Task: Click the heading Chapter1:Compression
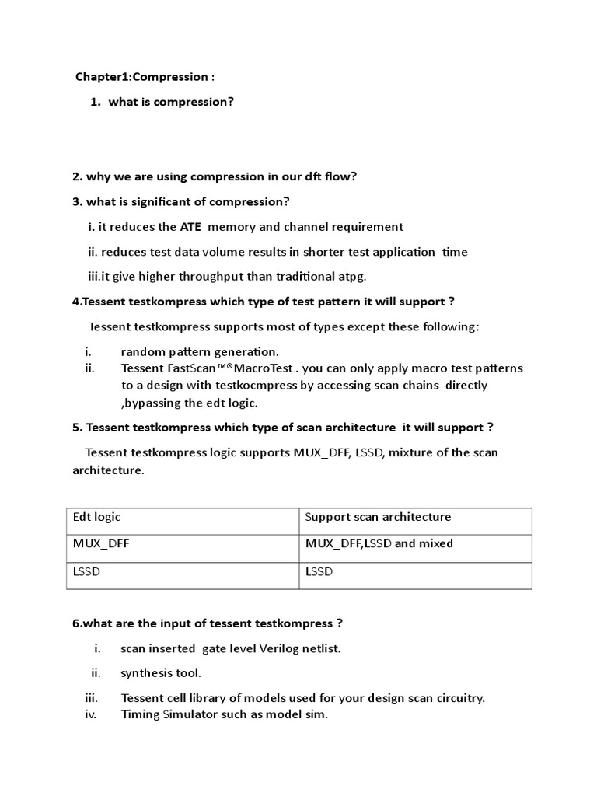pyautogui.click(x=145, y=77)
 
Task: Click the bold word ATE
pyautogui.click(x=190, y=227)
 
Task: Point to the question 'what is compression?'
pyautogui.click(x=171, y=102)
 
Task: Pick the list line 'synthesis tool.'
pyautogui.click(x=161, y=673)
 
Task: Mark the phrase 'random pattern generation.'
pyautogui.click(x=200, y=351)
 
